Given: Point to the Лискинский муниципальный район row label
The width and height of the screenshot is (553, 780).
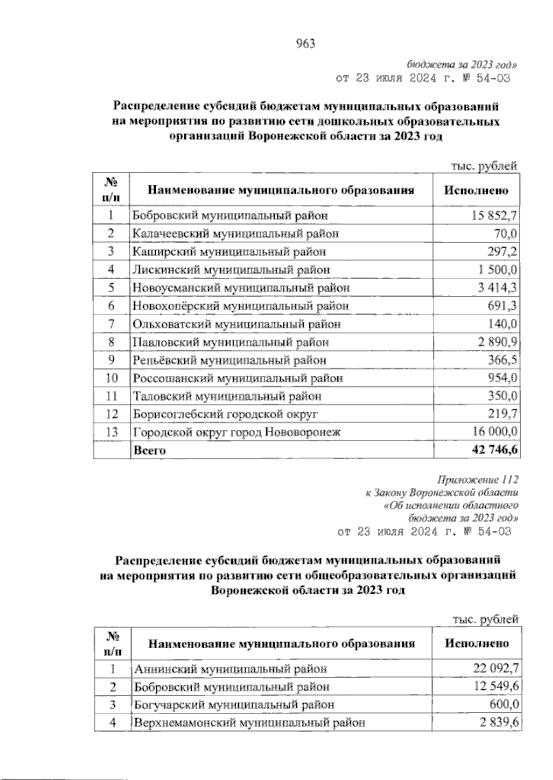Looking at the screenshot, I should [x=231, y=270].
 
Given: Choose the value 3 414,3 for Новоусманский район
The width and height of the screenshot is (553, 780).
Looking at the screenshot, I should [x=497, y=288].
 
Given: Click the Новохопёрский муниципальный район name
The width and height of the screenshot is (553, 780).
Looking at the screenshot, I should [x=241, y=306].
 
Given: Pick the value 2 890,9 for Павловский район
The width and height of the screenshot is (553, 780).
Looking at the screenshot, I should [x=497, y=342].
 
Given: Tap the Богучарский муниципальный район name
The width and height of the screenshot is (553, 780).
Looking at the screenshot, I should [x=234, y=705].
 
